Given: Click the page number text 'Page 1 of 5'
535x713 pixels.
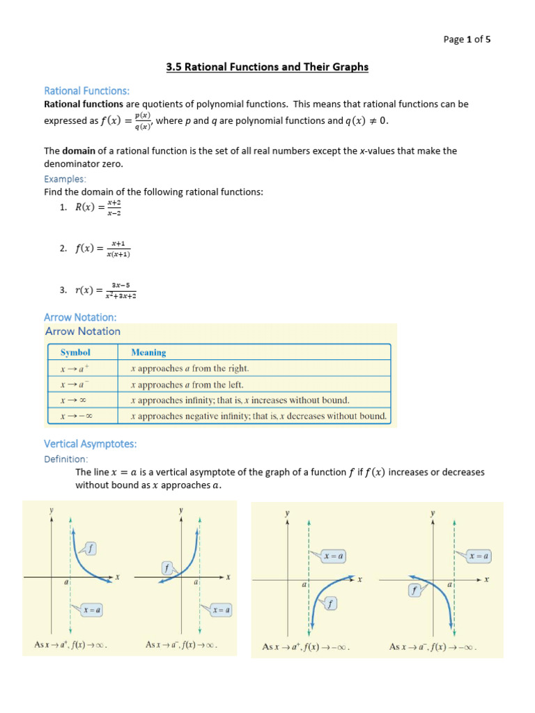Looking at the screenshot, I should (467, 39).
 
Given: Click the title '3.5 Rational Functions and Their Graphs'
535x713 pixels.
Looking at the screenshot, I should (267, 68).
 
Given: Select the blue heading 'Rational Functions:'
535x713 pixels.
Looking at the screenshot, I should (87, 91).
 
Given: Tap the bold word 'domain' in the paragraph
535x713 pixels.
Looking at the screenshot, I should (79, 150).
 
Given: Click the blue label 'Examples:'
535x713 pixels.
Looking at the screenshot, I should (65, 179).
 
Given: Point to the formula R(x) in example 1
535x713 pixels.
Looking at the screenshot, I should (98, 207).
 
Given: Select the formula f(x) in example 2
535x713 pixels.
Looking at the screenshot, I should (103, 249).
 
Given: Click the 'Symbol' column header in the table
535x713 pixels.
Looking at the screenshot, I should (75, 352).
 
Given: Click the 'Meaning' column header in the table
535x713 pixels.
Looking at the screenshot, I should (148, 352).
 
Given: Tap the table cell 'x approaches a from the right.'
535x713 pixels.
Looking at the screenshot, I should (189, 368).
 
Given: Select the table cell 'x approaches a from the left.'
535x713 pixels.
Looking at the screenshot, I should (187, 384).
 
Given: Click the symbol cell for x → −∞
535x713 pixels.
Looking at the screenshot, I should (77, 416).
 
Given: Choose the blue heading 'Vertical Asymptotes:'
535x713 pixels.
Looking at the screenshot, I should (91, 444).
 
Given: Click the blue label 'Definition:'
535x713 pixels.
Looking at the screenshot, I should (66, 459).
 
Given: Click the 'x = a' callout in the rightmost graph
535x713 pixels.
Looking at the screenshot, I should (478, 556).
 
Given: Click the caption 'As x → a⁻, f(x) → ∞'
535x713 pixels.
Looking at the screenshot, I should (181, 645).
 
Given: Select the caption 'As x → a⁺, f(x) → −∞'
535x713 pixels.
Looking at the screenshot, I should (305, 647).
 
